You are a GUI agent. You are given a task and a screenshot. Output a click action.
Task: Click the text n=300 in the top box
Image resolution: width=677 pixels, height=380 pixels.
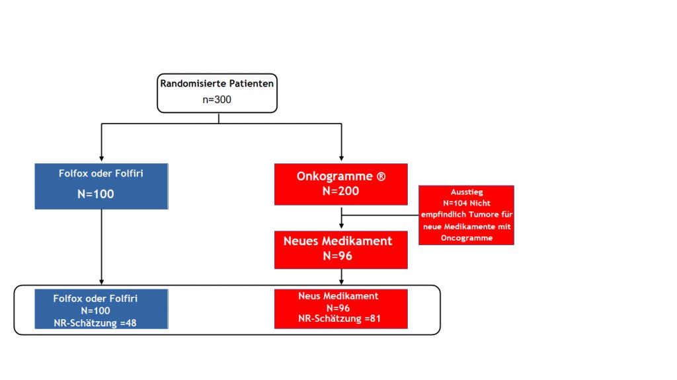[217, 100]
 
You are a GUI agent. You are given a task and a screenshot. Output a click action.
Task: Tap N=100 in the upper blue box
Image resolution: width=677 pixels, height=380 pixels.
[95, 194]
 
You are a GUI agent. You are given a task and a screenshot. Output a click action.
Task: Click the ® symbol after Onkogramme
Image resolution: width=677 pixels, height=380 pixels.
[381, 176]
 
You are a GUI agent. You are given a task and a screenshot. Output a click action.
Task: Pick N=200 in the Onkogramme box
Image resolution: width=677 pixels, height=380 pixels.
[340, 191]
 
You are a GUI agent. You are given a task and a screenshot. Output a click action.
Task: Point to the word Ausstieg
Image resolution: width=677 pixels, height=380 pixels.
[467, 192]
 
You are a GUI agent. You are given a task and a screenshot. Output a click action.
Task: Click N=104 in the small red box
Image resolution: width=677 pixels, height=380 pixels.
[455, 203]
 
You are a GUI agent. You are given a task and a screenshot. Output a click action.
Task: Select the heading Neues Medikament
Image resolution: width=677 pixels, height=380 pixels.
[338, 241]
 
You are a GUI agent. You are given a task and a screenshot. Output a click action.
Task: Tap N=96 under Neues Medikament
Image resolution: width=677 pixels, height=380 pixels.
[338, 256]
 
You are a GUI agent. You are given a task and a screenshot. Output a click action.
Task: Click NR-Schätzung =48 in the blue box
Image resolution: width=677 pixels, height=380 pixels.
[95, 323]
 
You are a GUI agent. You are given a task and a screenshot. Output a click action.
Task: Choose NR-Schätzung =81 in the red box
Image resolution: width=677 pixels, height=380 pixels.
[339, 319]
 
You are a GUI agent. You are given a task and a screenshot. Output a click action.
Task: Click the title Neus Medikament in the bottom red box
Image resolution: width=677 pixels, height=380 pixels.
[338, 296]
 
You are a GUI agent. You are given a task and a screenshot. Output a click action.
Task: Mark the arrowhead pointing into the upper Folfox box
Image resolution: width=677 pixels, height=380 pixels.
[101, 159]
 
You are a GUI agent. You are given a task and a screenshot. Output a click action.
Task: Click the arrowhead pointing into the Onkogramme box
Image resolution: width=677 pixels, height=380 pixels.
[342, 159]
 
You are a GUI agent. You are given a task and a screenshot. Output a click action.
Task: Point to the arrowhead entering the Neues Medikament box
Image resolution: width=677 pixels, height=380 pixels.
[342, 226]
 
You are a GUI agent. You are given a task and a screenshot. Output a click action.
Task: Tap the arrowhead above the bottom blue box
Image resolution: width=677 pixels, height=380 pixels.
[101, 282]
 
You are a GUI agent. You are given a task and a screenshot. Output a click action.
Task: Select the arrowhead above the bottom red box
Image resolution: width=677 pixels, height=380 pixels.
[342, 282]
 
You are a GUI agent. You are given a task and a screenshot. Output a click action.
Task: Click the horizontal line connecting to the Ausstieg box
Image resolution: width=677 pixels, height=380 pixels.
[380, 215]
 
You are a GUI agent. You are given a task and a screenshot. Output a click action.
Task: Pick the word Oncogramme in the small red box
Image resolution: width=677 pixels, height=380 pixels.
[467, 238]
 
